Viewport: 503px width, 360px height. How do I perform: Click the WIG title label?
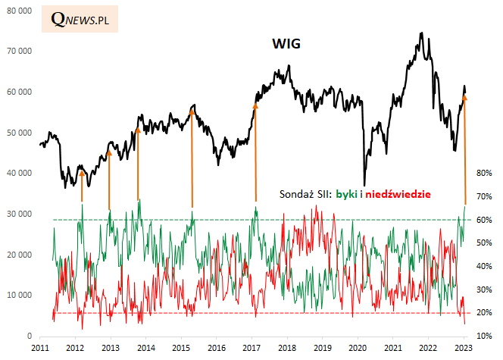click(x=286, y=44)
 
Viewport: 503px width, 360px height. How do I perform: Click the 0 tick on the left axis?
click(x=29, y=336)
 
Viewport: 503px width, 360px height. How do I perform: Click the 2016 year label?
click(x=216, y=347)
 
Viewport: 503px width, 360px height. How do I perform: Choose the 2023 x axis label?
click(x=464, y=347)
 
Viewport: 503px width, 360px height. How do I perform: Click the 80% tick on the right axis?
click(x=484, y=173)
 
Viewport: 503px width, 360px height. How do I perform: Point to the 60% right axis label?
click(x=484, y=220)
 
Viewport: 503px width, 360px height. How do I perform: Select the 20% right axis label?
click(x=484, y=312)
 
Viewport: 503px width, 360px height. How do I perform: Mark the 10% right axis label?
click(x=484, y=336)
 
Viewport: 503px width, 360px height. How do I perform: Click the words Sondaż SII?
click(x=306, y=194)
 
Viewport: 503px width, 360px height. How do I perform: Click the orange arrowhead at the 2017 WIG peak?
click(x=255, y=106)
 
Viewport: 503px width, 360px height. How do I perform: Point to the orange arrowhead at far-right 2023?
click(x=464, y=97)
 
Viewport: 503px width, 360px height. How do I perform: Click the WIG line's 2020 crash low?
click(x=364, y=184)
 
